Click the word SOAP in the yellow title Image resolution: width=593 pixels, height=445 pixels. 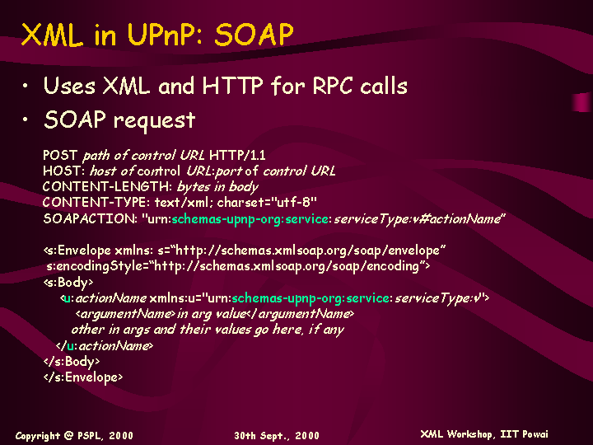pos(254,35)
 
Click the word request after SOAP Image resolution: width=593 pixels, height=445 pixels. pos(154,121)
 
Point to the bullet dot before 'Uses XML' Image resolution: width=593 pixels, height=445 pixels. pos(25,86)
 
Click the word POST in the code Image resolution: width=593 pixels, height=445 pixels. pos(60,155)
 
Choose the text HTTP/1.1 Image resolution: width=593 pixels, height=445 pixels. pos(237,155)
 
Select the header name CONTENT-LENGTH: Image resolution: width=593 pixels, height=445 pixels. pos(107,186)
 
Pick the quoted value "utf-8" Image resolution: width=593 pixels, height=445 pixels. pos(294,203)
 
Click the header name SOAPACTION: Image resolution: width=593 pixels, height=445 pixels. pos(90,218)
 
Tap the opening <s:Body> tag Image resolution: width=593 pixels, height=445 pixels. pos(68,283)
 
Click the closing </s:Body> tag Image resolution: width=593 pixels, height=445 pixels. pos(72,362)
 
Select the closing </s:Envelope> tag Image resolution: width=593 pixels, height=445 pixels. pos(83,377)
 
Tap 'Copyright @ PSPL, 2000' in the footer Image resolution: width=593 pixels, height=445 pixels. pos(74,436)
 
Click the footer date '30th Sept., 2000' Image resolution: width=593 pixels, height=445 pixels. pos(277,436)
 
